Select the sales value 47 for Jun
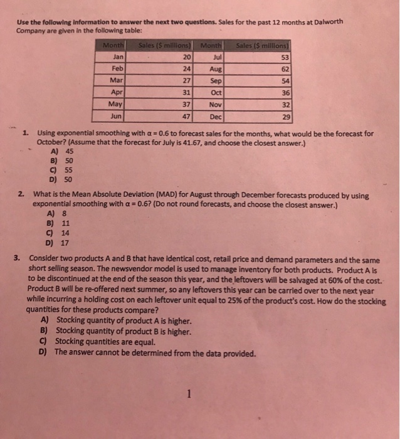click(x=186, y=116)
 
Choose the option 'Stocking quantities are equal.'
click(x=104, y=342)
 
